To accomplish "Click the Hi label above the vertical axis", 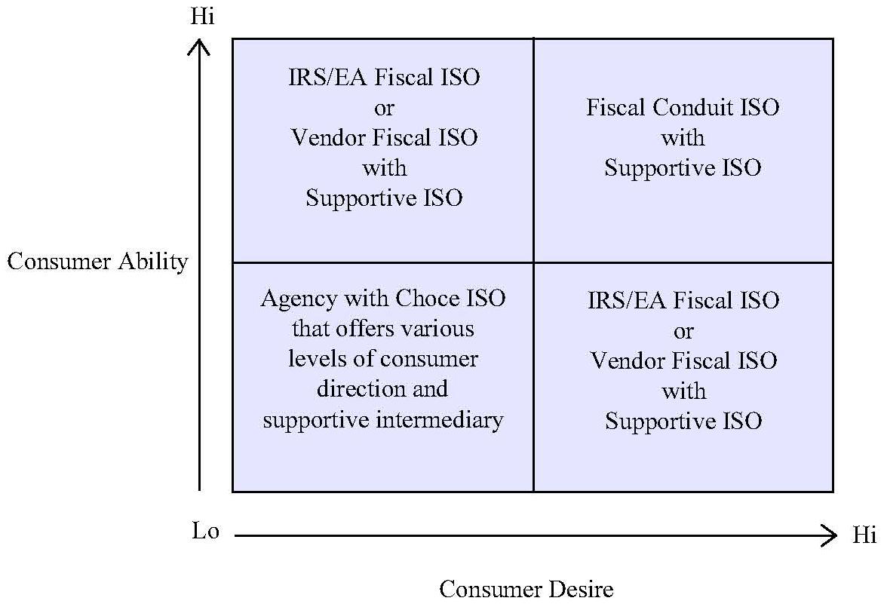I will [202, 17].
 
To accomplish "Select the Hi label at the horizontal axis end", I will [864, 536].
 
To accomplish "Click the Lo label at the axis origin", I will [205, 532].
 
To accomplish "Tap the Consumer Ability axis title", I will [97, 262].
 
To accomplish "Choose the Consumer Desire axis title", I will [526, 589].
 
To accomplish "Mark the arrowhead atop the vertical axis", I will [200, 47].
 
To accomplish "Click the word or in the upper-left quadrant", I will [384, 108].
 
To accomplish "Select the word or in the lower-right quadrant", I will [683, 331].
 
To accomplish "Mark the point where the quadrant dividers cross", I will [533, 262].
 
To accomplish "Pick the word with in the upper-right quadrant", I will [683, 138].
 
